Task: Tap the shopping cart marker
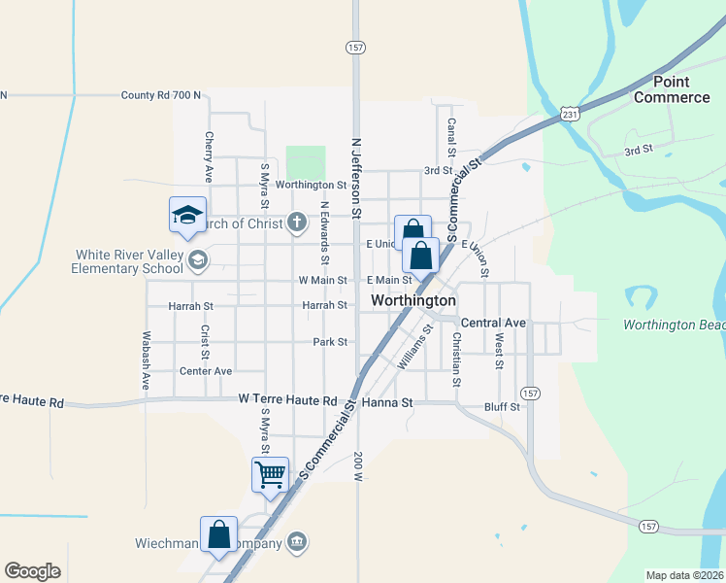click(x=270, y=475)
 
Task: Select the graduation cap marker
click(x=187, y=216)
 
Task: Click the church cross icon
click(x=297, y=223)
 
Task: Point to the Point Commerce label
click(x=672, y=89)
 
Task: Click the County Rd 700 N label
click(x=161, y=95)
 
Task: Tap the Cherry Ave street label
click(x=208, y=156)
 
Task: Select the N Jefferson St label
click(x=356, y=175)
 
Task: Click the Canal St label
click(x=451, y=137)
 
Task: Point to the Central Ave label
click(x=493, y=322)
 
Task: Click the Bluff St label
click(x=503, y=406)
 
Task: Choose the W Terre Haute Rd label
click(x=287, y=399)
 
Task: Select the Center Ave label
click(x=206, y=370)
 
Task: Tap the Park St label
click(x=330, y=342)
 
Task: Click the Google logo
click(x=32, y=570)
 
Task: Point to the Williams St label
click(x=415, y=348)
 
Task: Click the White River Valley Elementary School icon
click(x=198, y=258)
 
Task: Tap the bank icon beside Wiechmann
click(x=297, y=541)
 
